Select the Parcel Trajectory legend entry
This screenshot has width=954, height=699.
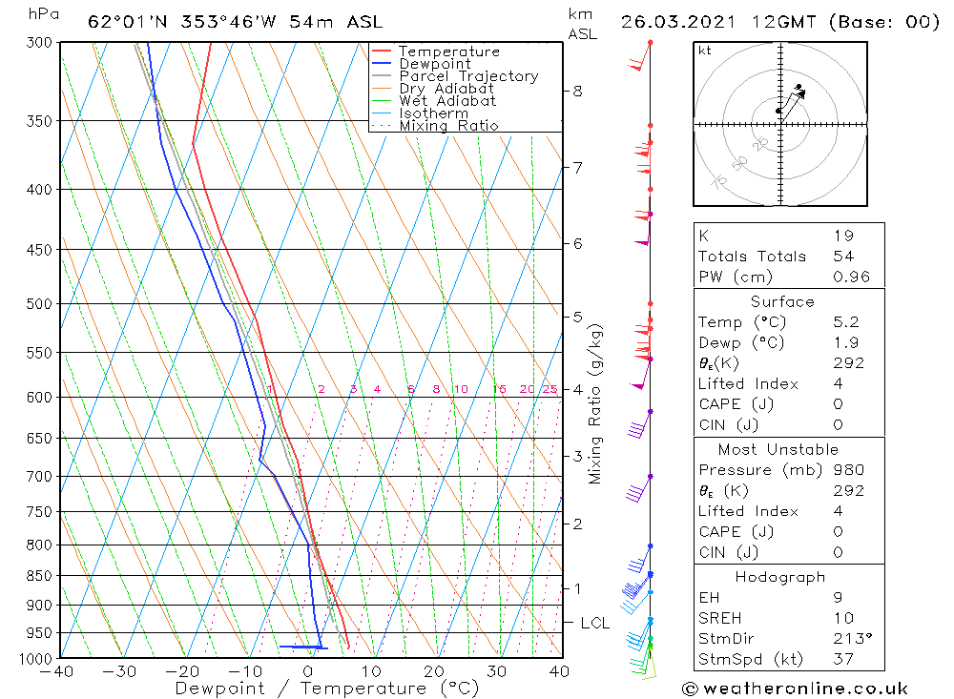click(468, 76)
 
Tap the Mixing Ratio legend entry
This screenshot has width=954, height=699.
click(448, 126)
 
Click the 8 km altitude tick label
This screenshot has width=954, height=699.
click(577, 92)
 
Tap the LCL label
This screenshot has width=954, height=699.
click(594, 624)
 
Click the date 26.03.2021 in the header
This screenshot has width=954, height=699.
click(674, 22)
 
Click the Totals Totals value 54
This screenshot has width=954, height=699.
click(843, 257)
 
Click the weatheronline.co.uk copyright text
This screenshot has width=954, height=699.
click(795, 688)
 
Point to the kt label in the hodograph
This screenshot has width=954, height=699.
click(704, 51)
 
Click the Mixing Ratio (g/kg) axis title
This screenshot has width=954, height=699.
click(596, 403)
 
